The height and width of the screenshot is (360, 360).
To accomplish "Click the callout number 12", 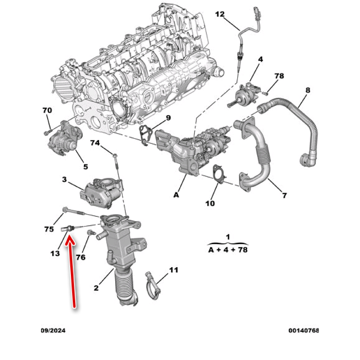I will pos(220,14).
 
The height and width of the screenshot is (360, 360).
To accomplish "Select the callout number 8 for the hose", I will pos(307,90).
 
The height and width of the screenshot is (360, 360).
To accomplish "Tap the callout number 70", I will pos(47,110).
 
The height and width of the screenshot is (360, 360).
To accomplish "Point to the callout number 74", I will pos(95,143).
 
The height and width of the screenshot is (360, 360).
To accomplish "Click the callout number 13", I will pos(55,253).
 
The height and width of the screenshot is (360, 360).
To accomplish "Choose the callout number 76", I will pos(81,257).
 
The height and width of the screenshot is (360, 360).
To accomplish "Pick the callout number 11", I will pos(173,270).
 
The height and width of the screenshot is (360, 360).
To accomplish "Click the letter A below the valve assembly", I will pos(176,195).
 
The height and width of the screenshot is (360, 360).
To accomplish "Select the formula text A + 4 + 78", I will pos(228,249).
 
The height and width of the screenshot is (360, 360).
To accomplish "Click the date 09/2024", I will pos(53,330).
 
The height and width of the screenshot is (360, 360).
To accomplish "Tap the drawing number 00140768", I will pos(303,330).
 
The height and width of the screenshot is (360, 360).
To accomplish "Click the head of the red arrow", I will pos(70,239).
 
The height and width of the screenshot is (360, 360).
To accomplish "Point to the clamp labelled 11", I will pos(153,285).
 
